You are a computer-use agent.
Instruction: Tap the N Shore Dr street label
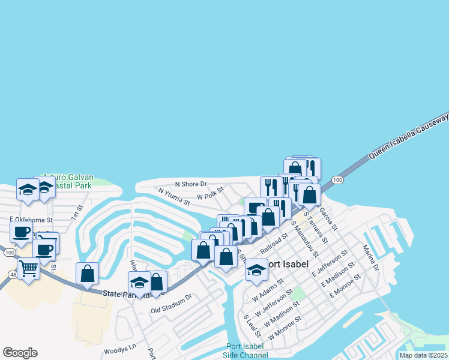tap(191, 184)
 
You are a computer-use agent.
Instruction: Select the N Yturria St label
tap(174, 196)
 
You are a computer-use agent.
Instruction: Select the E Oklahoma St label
tap(32, 219)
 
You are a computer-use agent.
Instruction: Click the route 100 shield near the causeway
tap(337, 180)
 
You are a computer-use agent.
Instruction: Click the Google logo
tap(20, 353)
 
